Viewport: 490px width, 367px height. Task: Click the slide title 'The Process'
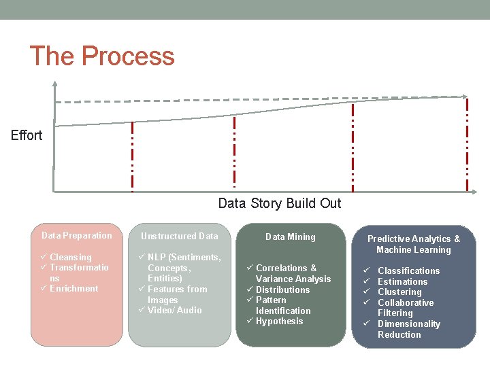(102, 56)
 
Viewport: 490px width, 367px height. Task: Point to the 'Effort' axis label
(27, 135)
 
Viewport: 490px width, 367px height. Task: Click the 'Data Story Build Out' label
(279, 203)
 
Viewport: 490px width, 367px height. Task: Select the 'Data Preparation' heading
(76, 236)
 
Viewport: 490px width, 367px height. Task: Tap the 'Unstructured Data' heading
(179, 237)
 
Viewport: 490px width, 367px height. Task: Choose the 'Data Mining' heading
(290, 237)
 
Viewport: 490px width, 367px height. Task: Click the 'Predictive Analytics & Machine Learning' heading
(413, 244)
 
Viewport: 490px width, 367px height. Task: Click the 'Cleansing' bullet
(70, 258)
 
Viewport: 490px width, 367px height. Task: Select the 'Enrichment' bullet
(73, 289)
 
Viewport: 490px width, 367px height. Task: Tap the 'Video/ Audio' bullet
(174, 311)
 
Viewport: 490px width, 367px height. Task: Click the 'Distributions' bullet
(282, 290)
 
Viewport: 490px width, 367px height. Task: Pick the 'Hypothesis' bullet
(279, 321)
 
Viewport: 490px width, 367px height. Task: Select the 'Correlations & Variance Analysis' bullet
(293, 273)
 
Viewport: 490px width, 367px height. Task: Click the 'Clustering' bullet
(399, 292)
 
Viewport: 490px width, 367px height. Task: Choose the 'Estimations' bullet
(402, 281)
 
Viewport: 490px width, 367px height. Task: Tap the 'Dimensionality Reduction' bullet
(408, 329)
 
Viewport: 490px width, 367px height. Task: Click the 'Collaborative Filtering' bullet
(405, 308)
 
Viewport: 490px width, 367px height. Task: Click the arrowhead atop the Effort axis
(54, 85)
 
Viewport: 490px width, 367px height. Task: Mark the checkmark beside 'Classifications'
(366, 271)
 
